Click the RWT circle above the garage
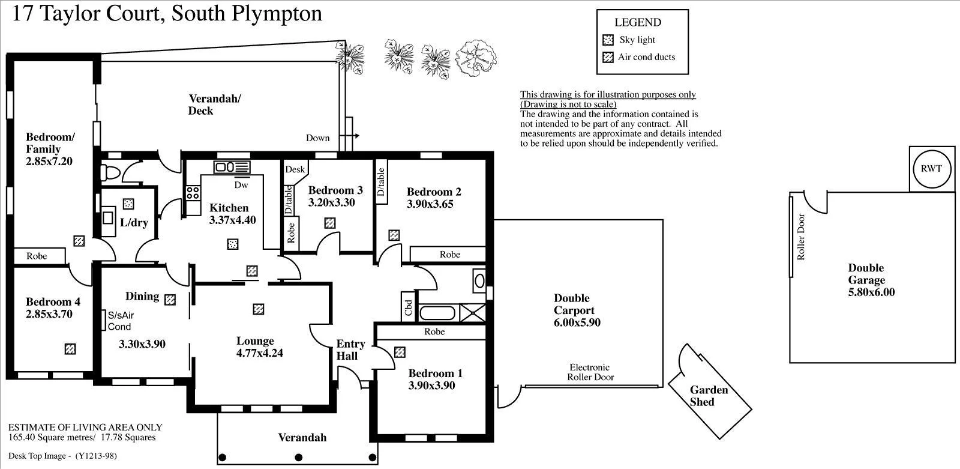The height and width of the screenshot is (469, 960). [x=931, y=169]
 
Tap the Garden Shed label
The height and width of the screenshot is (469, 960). [x=709, y=396]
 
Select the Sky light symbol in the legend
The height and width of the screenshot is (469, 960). [x=608, y=40]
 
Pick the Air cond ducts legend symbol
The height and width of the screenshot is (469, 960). [x=608, y=57]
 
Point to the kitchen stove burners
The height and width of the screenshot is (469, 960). [x=193, y=193]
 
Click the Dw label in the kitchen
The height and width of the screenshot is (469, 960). [x=241, y=185]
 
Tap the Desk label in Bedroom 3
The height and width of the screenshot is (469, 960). [x=295, y=169]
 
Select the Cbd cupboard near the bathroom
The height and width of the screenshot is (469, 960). [x=409, y=307]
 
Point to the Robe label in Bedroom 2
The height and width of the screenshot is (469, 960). [x=449, y=255]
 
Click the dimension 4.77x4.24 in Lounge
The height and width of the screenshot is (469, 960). [x=259, y=353]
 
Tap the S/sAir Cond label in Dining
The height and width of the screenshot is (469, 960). [x=120, y=321]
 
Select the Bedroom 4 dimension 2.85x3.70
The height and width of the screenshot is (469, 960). [x=49, y=314]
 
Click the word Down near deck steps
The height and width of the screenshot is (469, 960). [x=317, y=138]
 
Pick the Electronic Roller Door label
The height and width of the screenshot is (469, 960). [x=590, y=372]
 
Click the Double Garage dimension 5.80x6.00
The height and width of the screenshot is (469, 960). [x=871, y=292]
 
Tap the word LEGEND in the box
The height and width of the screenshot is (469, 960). [x=638, y=22]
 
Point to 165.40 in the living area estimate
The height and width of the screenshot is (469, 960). [x=22, y=437]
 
